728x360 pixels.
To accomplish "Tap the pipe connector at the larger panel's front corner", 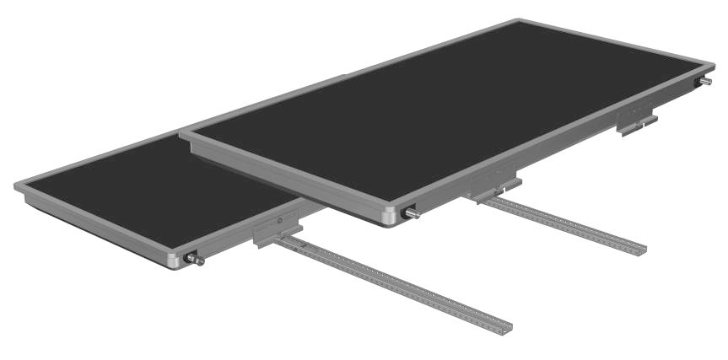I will click(x=413, y=213).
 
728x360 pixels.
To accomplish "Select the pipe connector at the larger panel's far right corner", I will click(x=704, y=82).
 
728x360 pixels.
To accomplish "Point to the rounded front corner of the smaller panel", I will click(x=174, y=261).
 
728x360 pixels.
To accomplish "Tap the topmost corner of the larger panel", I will click(x=517, y=21).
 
